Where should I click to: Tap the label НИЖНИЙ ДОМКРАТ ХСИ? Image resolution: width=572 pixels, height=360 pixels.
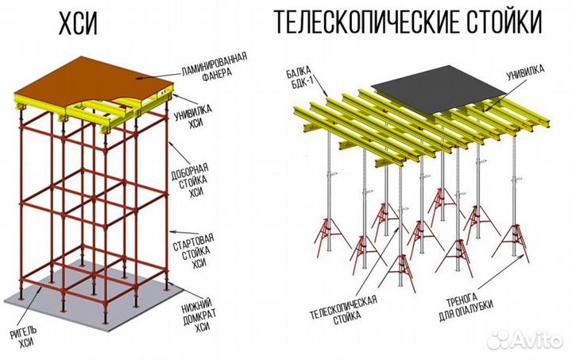click(191, 313)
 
